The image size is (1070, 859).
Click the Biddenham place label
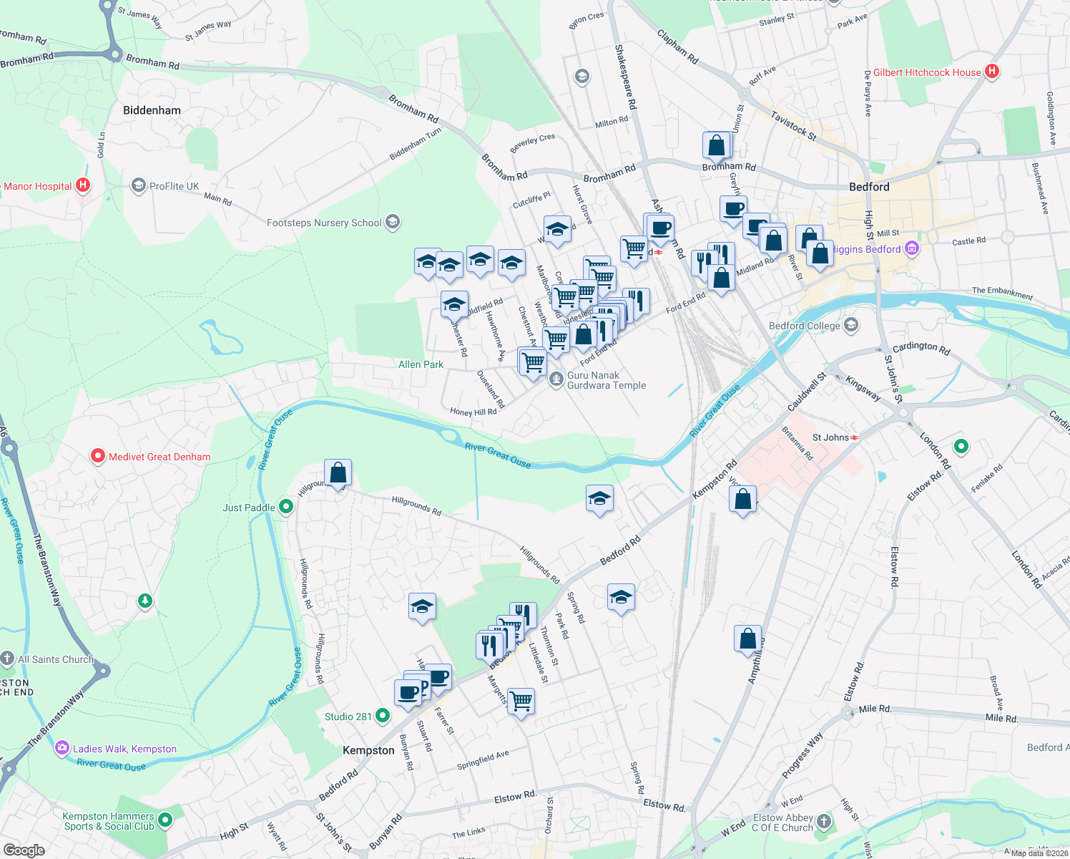[x=152, y=110]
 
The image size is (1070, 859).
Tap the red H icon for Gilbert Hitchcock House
[x=991, y=72]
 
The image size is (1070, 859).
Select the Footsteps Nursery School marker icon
[x=393, y=223]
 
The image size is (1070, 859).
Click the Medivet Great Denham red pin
[x=98, y=456]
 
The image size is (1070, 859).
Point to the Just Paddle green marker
[x=286, y=508]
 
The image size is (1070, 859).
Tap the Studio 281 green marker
[x=383, y=716]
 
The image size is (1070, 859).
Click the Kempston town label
[x=368, y=750]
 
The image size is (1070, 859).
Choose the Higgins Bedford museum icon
[x=911, y=249]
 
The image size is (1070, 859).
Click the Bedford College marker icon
[x=851, y=326]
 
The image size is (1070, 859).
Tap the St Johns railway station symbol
[x=855, y=437]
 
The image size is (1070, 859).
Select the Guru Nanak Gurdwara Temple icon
[x=556, y=379]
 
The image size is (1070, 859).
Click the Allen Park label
[x=421, y=364]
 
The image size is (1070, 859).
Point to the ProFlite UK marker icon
[x=138, y=186]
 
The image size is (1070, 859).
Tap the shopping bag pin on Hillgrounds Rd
[x=338, y=473]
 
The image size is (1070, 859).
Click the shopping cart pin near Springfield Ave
[x=521, y=701]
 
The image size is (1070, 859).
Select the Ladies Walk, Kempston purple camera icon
[x=62, y=749]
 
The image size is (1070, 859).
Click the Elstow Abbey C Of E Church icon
[x=824, y=822]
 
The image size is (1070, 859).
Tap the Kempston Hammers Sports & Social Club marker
[x=165, y=820]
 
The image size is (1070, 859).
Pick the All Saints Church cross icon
[x=8, y=659]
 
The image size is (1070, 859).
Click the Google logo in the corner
[x=24, y=850]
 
